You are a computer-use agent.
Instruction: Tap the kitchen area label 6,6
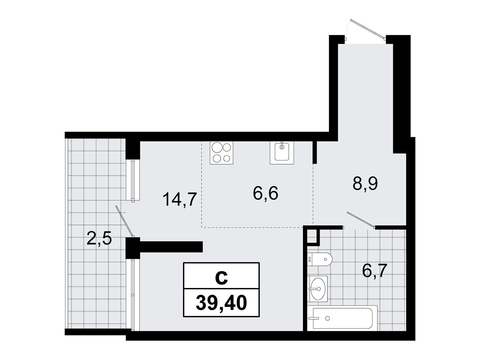(x=265, y=193)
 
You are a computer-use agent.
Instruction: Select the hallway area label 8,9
(x=365, y=184)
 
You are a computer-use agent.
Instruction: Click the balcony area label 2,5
(x=99, y=239)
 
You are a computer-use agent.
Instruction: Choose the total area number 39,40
(x=221, y=303)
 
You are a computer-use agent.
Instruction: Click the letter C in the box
(x=221, y=278)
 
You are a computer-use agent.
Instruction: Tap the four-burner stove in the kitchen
(x=221, y=153)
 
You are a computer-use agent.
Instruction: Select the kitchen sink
(x=282, y=153)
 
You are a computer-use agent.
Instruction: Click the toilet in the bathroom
(x=320, y=259)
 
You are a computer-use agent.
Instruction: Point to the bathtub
(x=342, y=318)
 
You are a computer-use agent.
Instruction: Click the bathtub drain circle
(x=327, y=318)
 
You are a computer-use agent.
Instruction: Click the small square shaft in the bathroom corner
(x=313, y=236)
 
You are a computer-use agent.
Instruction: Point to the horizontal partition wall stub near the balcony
(x=171, y=247)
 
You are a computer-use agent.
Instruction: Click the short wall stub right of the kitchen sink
(x=314, y=152)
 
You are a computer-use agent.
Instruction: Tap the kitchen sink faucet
(x=282, y=145)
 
